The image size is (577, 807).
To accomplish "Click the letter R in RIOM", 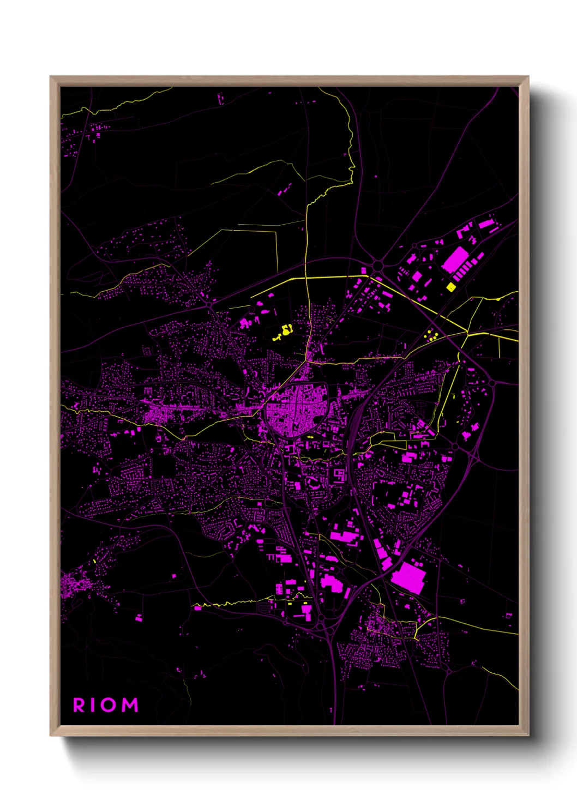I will coord(79,705).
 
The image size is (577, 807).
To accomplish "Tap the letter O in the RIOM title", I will coord(107,705).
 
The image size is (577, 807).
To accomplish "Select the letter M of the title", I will coord(129,705).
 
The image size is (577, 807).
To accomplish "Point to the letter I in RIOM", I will coord(92,705).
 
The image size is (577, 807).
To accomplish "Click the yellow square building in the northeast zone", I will coord(451,287).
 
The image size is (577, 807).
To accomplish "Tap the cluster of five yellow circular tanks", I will coord(431,335).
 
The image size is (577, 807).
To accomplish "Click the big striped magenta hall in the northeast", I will coord(455,260).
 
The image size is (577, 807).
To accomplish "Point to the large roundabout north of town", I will coord(377,266).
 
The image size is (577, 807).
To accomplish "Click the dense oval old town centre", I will coord(296,409).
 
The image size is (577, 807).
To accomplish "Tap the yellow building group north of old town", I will coord(285,331).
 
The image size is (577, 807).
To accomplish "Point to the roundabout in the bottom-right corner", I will coord(448,671).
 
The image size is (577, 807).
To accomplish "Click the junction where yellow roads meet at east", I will coord(467,332).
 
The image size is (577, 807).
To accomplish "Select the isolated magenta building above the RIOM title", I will coord(139,618).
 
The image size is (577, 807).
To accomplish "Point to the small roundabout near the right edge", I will coord(492,383).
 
